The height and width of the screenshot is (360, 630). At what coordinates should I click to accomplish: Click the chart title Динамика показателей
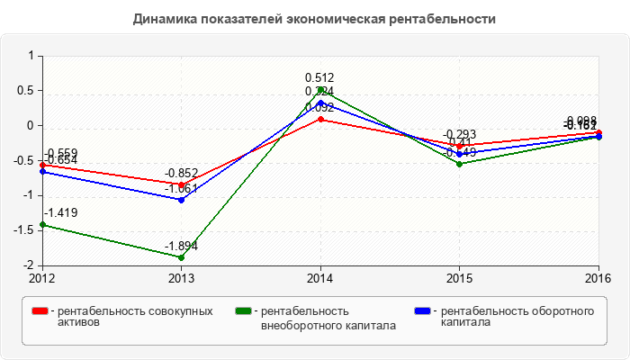(314, 18)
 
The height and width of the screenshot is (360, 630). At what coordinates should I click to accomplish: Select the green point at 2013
(181, 257)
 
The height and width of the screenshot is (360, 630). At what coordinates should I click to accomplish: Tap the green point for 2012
(41, 224)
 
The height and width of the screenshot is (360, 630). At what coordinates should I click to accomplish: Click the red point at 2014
(320, 119)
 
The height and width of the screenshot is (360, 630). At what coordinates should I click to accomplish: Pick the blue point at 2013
(181, 200)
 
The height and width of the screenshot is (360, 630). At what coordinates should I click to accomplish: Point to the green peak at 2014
(320, 90)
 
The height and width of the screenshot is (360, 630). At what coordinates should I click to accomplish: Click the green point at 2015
(460, 164)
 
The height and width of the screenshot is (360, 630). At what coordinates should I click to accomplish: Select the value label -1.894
(181, 246)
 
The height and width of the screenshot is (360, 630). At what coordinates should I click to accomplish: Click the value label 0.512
(319, 78)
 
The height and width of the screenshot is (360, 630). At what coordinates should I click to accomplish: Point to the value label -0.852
(181, 173)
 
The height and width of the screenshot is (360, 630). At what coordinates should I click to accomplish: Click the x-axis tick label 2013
(181, 277)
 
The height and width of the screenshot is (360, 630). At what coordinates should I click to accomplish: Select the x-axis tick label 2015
(460, 277)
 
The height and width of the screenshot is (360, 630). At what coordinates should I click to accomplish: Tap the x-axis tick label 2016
(598, 277)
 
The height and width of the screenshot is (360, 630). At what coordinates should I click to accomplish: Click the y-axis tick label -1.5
(24, 230)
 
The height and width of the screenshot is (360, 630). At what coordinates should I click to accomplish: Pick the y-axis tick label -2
(29, 265)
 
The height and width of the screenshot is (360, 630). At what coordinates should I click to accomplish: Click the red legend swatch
(40, 311)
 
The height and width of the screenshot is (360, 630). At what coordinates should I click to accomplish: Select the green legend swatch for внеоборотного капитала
(243, 311)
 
